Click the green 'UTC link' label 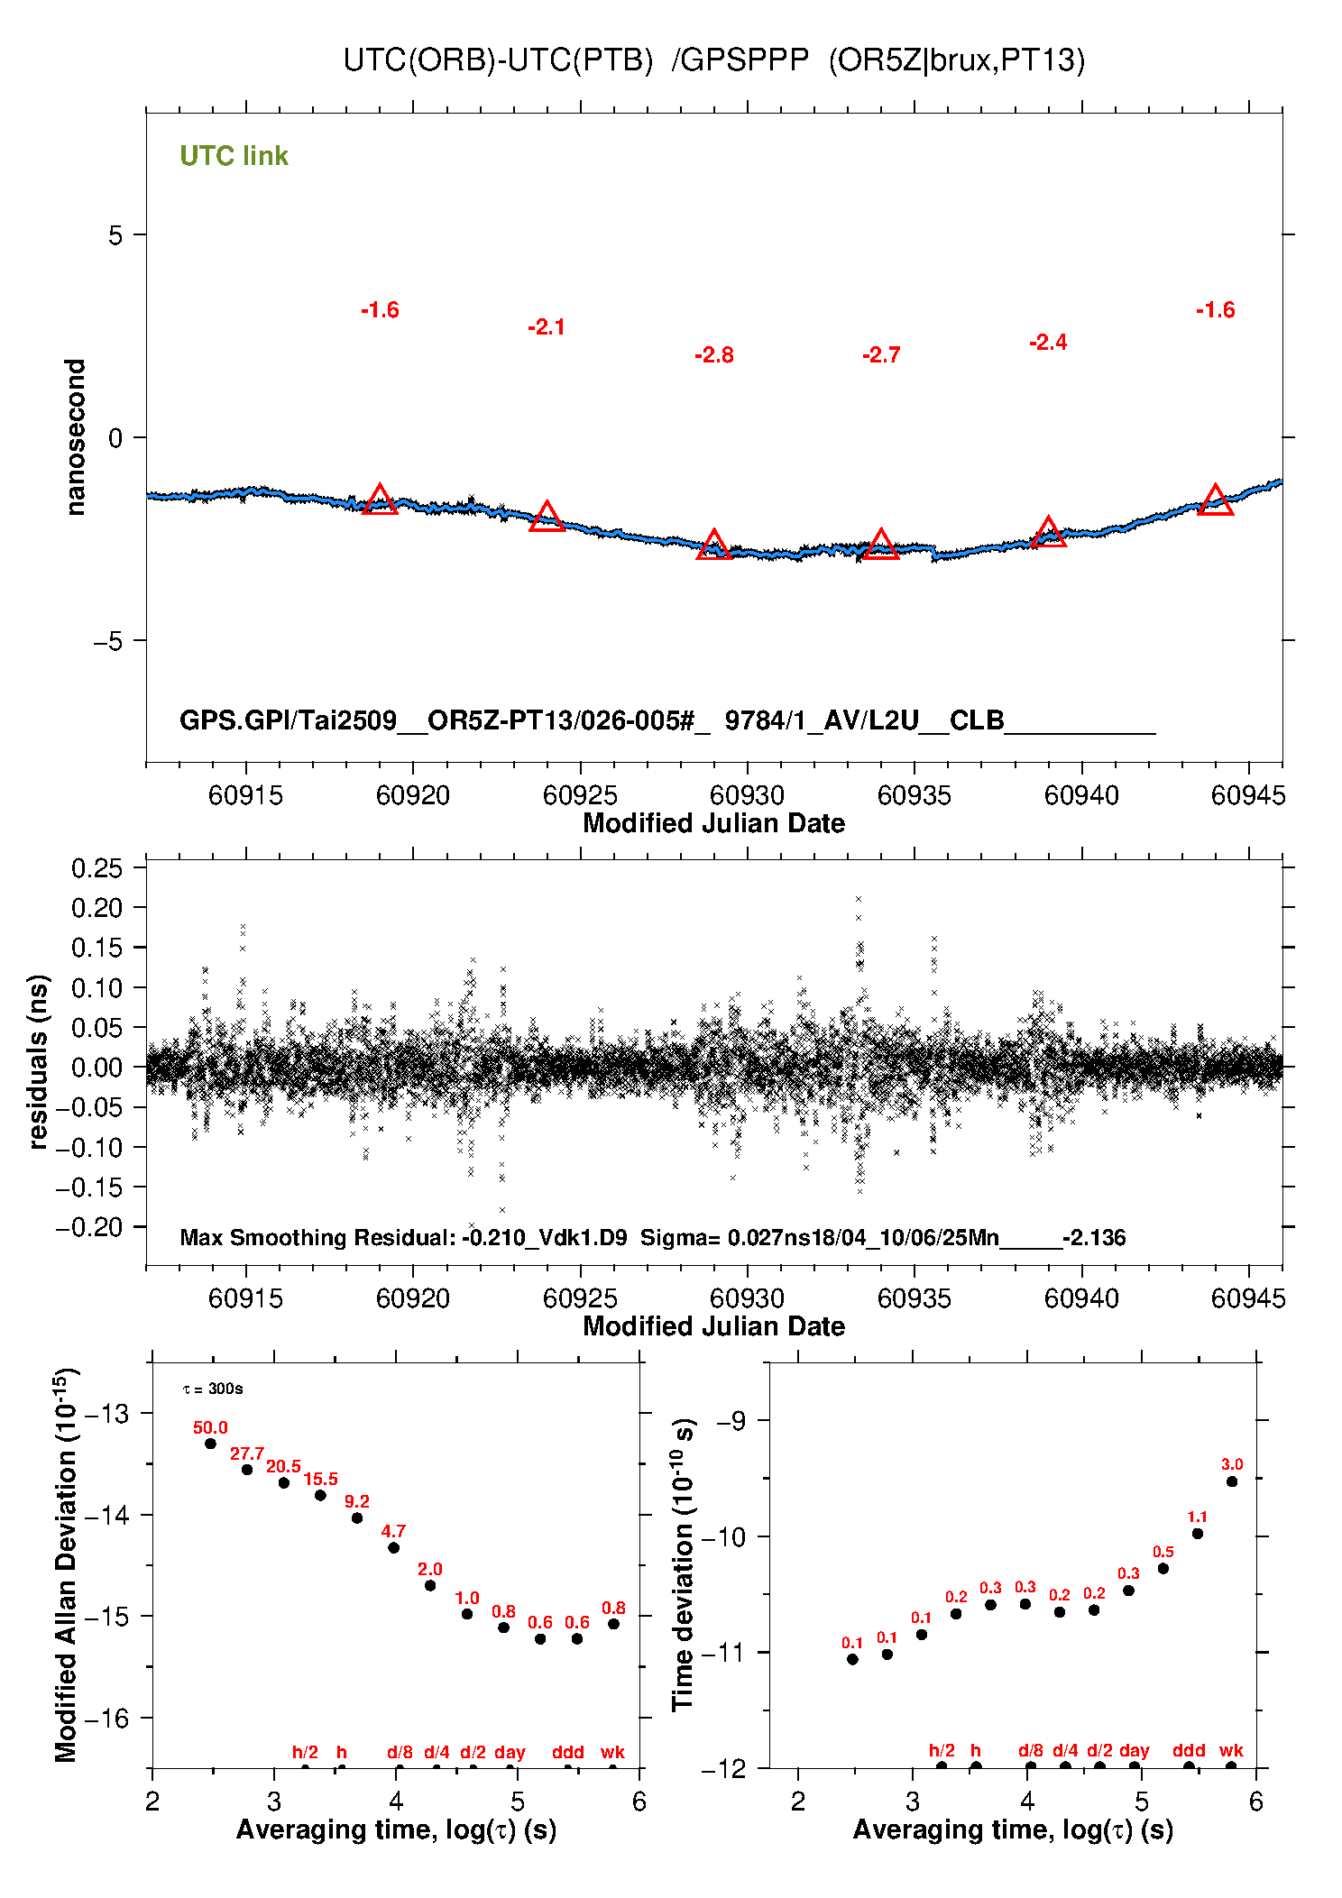tap(234, 156)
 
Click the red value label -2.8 tap(713, 355)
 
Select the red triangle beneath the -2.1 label tap(547, 518)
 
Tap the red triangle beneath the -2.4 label tap(1048, 533)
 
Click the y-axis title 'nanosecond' tap(75, 437)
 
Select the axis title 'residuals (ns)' tap(38, 1061)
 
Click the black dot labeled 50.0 tap(210, 1444)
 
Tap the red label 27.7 tap(246, 1453)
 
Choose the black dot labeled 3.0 tap(1232, 1481)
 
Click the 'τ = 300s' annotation tap(213, 1389)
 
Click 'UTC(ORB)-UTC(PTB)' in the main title tap(498, 60)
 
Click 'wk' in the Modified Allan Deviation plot tap(612, 1752)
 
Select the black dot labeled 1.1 tap(1198, 1534)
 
